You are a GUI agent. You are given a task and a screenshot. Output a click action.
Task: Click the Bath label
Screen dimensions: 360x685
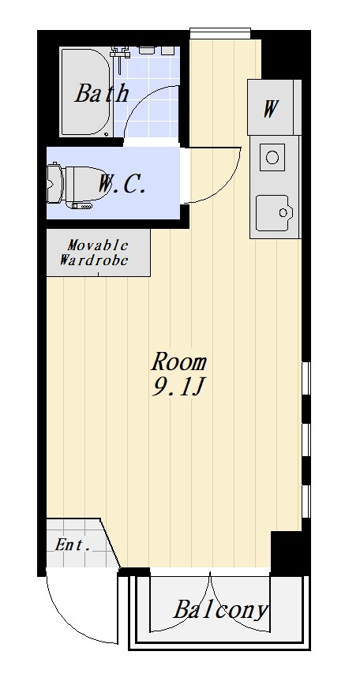coord(102,93)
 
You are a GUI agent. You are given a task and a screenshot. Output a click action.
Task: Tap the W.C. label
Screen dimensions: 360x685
coord(121,184)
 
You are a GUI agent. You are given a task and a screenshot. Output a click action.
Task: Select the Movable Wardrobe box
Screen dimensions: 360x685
coord(99,253)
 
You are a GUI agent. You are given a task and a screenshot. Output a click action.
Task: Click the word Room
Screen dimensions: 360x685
coord(178,361)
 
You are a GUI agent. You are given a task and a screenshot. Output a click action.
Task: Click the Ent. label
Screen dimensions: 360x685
coord(73,545)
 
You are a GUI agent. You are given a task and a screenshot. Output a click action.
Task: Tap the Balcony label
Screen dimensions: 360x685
coord(220,609)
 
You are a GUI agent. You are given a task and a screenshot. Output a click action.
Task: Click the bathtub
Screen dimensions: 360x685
coord(86,92)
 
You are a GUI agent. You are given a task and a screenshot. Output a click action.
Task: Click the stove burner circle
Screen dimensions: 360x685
coord(272,157)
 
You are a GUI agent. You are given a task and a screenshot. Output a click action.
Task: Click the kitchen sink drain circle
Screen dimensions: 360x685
coord(283,212)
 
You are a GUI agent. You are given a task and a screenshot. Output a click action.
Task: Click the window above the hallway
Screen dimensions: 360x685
coord(220,33)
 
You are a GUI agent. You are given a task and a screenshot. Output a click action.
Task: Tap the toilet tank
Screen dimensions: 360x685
coord(54,183)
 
